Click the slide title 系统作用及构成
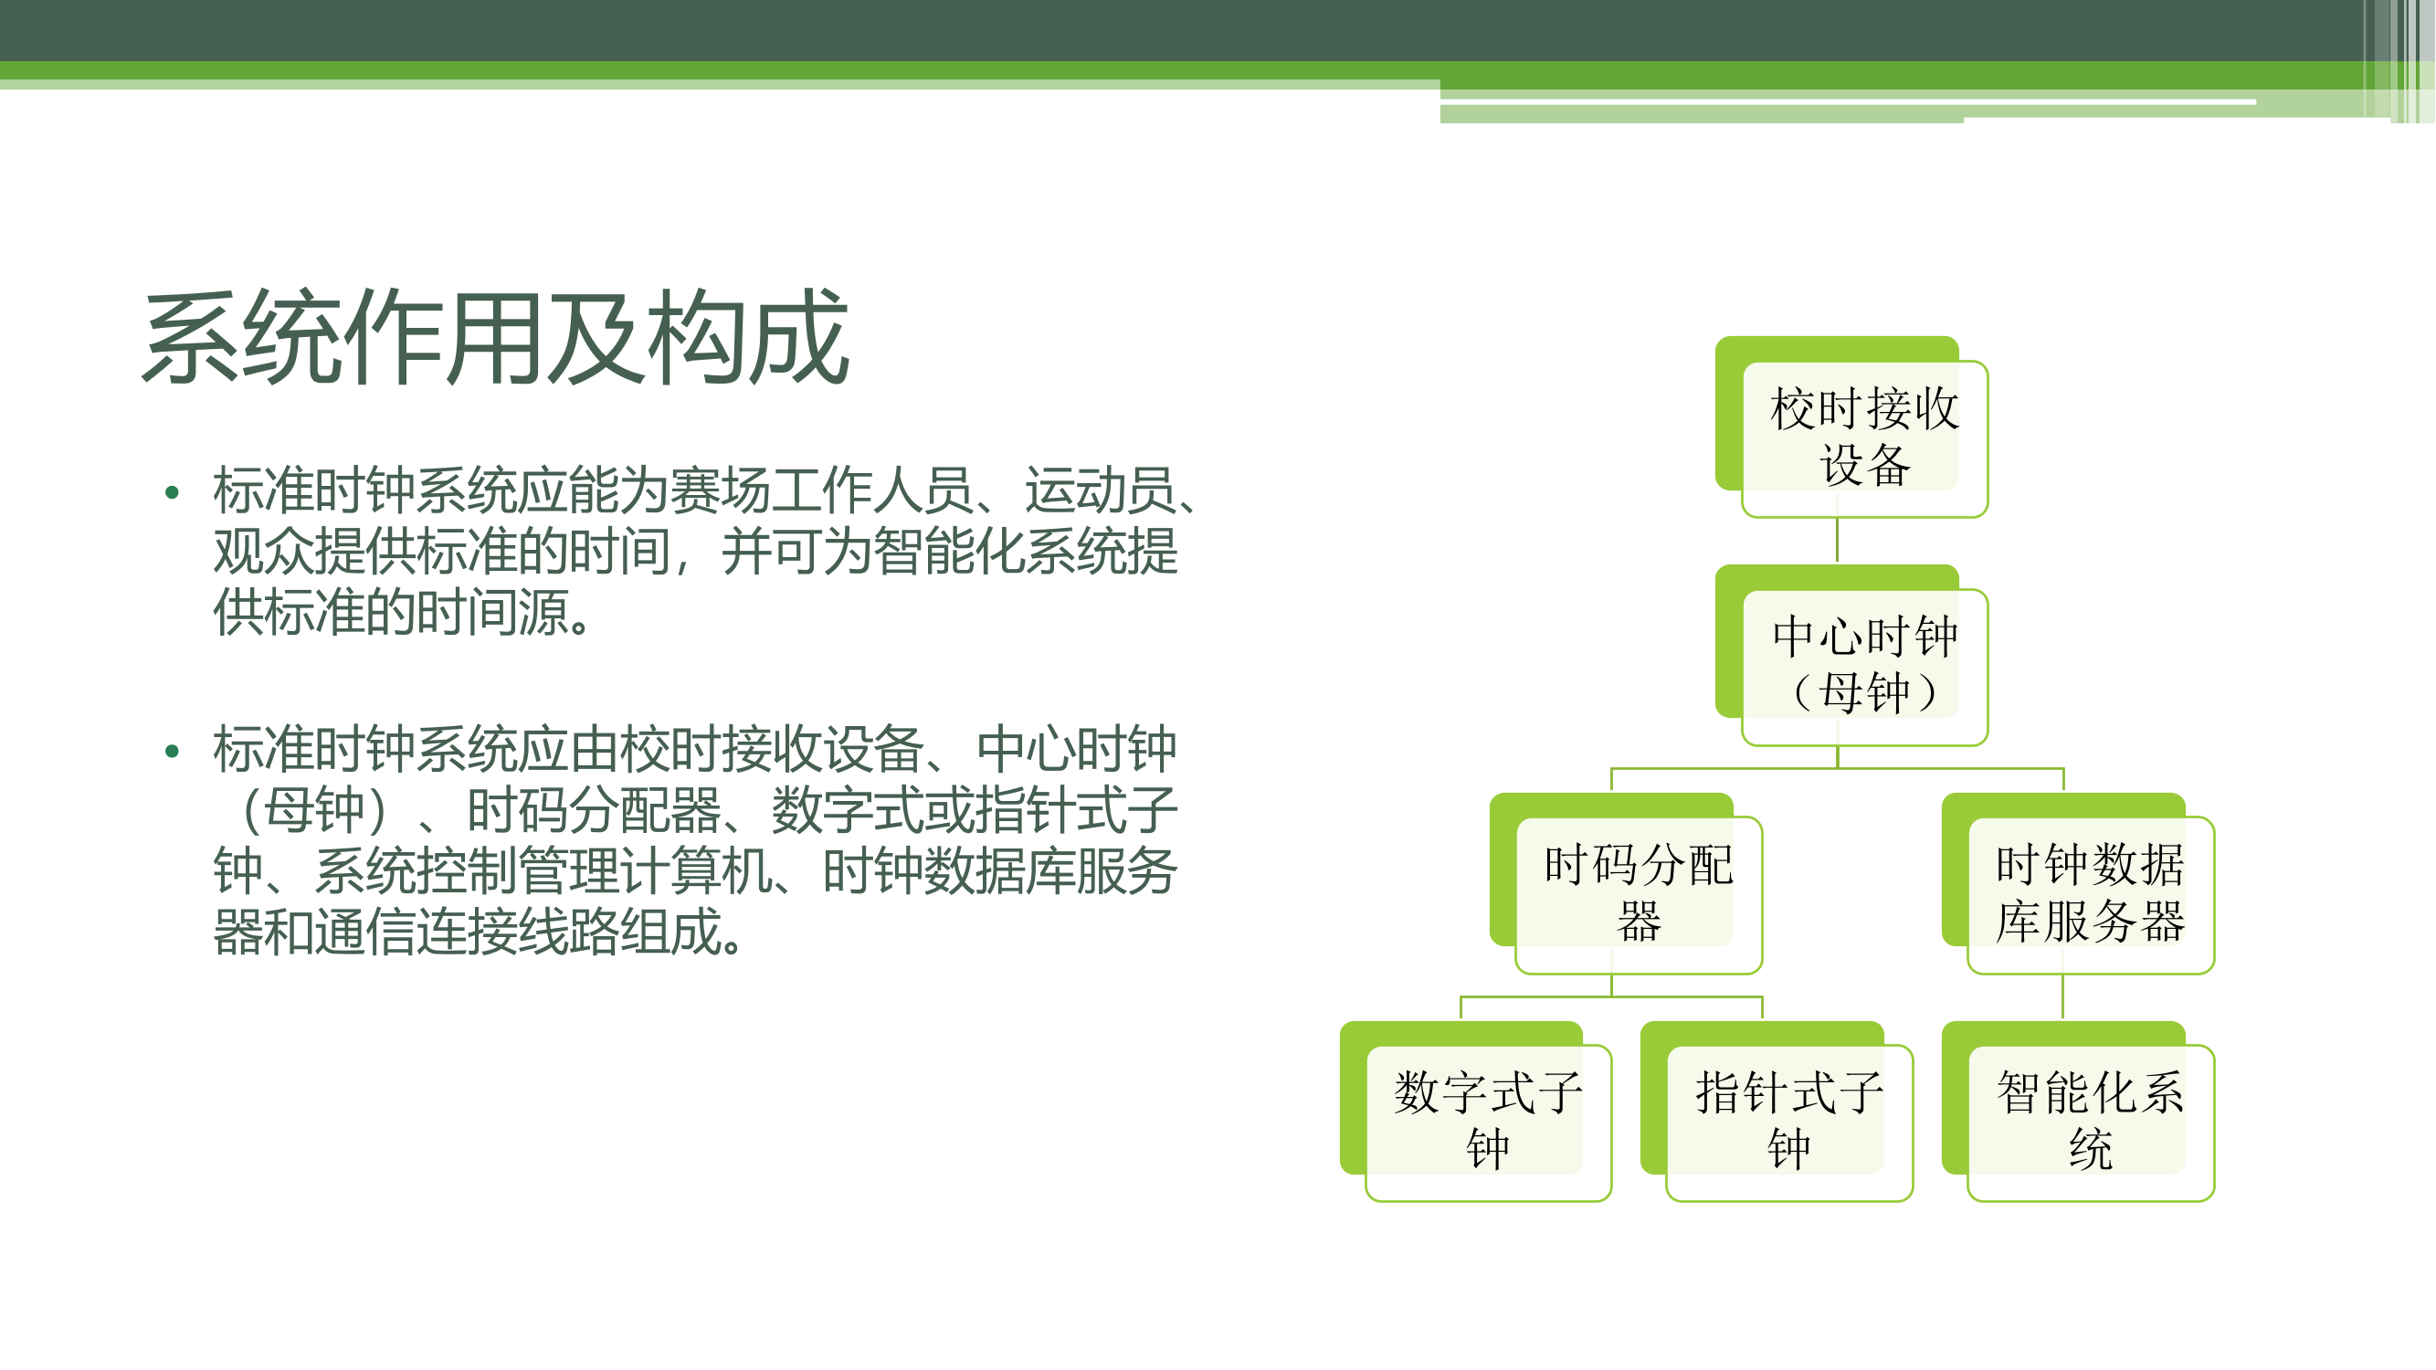[496, 338]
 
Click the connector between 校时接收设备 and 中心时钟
[1838, 541]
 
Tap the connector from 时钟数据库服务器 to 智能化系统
[2063, 997]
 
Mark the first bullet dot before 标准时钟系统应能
[172, 491]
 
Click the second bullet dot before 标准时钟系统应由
[172, 752]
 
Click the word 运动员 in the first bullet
[1100, 490]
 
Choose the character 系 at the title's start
[192, 338]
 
